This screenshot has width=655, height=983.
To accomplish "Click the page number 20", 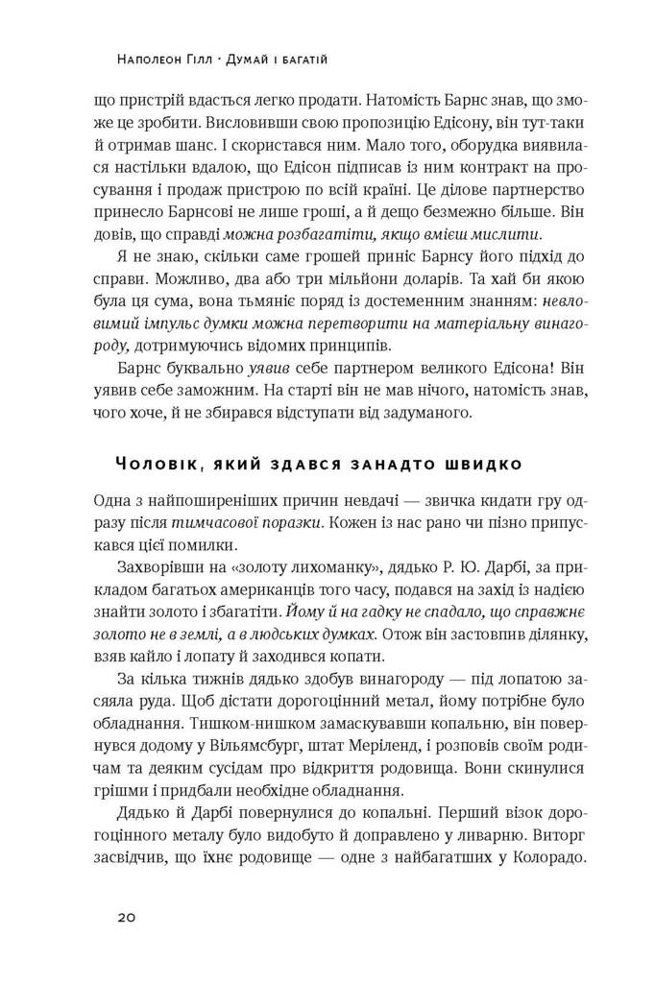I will click(125, 917).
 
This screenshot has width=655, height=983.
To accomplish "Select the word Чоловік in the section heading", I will click(157, 465).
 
